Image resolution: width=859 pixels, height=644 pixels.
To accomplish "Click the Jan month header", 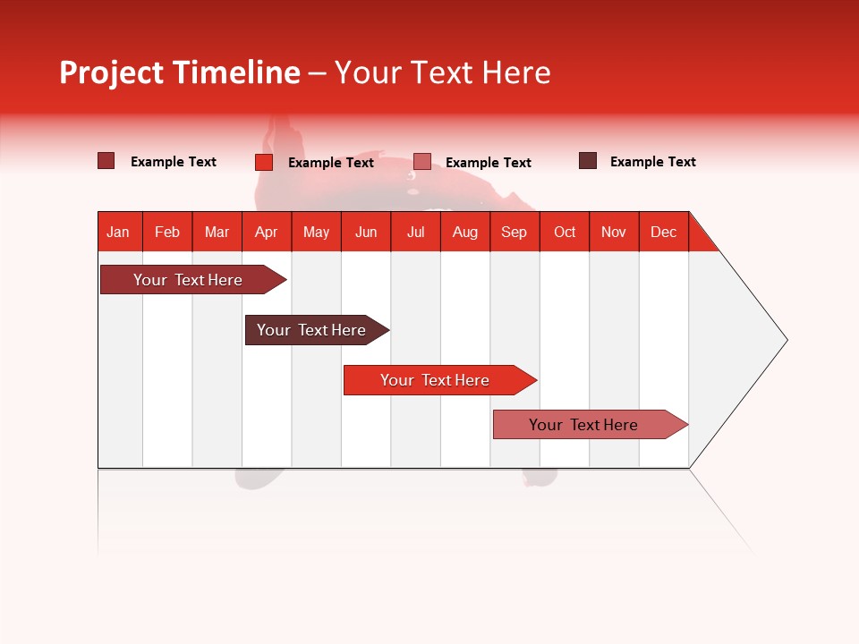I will [118, 232].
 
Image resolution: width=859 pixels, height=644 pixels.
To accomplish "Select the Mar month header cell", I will [217, 232].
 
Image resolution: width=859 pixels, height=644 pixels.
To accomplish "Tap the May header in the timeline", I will [316, 232].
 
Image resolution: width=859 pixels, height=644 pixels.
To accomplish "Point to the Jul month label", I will [415, 232].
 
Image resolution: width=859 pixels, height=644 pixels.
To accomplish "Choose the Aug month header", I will [464, 232].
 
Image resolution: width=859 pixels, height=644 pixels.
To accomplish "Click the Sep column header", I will [514, 232].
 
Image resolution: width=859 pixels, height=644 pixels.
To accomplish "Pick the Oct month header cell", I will [565, 232].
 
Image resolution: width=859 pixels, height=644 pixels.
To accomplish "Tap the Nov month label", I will [614, 232].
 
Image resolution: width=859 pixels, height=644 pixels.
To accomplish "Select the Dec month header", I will [663, 232].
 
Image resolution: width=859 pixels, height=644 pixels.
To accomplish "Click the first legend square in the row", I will [106, 161].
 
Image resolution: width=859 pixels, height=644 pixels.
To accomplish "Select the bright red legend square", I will [263, 162].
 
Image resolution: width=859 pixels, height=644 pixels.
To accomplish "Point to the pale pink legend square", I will [422, 162].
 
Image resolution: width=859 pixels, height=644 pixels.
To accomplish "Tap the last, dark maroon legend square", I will [588, 161].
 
